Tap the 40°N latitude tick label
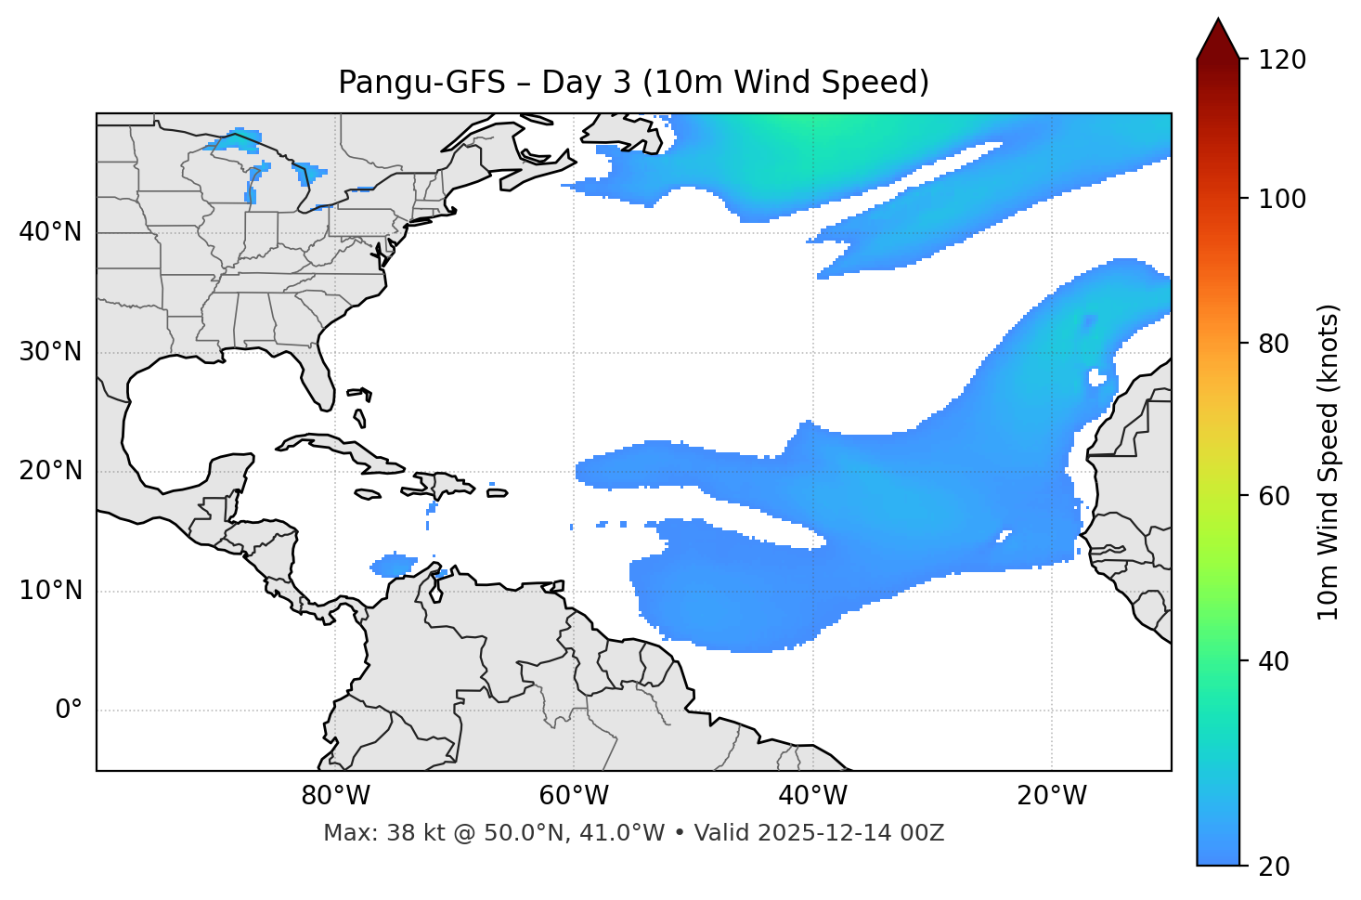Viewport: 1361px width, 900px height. pos(50,232)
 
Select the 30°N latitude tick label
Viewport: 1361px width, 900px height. pos(50,352)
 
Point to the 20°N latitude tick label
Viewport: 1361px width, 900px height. pos(50,471)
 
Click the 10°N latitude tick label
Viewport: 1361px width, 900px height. pos(50,591)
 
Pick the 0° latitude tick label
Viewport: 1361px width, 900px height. pos(69,711)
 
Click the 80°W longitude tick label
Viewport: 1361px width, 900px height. pos(335,796)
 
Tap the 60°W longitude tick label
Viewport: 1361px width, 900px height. pos(574,796)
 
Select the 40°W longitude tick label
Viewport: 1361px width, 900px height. pos(812,796)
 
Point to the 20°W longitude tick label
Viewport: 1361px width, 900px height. pos(1051,796)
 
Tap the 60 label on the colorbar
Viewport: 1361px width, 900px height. pos(1275,496)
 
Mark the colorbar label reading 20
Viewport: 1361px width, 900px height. pos(1275,867)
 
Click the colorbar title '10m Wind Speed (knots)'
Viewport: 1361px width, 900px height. pos(1329,462)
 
